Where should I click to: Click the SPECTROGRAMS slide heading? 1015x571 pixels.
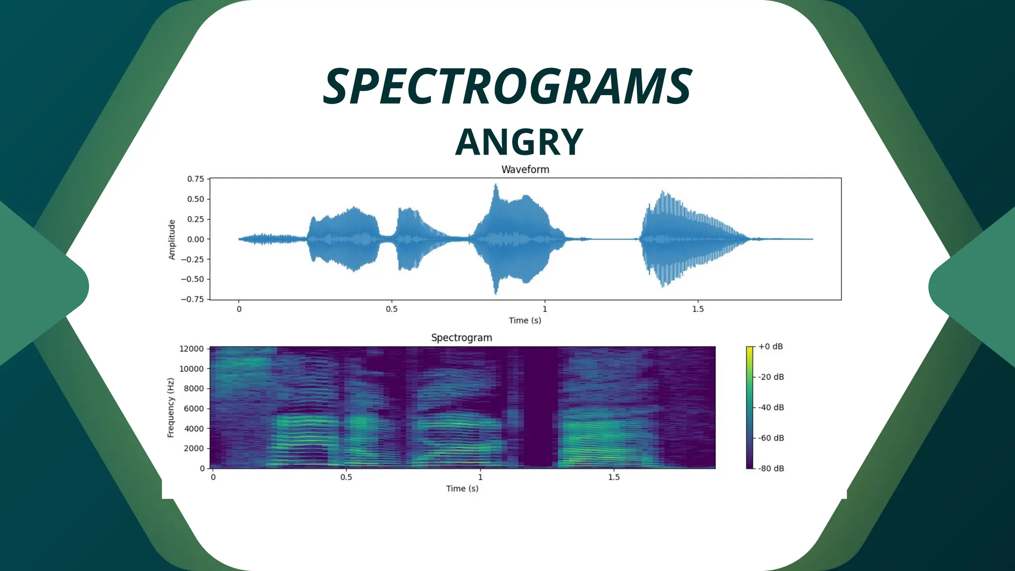507,88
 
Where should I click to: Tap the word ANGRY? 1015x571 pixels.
519,143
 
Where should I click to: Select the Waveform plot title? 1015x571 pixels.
525,170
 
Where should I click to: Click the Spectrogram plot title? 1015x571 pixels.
461,338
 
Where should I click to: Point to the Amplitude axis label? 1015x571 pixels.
172,239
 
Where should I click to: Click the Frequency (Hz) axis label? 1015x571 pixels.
171,407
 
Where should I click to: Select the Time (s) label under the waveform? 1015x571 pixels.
525,320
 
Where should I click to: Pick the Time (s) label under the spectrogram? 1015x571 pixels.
462,488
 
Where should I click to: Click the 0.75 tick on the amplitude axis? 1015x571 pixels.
195,179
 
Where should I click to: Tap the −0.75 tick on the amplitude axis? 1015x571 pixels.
192,299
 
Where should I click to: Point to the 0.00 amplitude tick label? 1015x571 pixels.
195,239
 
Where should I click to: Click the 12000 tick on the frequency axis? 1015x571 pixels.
191,349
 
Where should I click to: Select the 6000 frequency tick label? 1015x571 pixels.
194,408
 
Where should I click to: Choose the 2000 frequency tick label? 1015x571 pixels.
194,448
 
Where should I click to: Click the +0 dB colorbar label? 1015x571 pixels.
770,346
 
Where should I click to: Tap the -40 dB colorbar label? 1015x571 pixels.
771,407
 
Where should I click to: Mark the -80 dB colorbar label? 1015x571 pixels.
771,468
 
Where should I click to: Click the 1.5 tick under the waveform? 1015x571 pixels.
697,309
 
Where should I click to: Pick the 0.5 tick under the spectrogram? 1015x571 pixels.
346,477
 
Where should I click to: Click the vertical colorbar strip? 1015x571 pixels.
749,407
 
